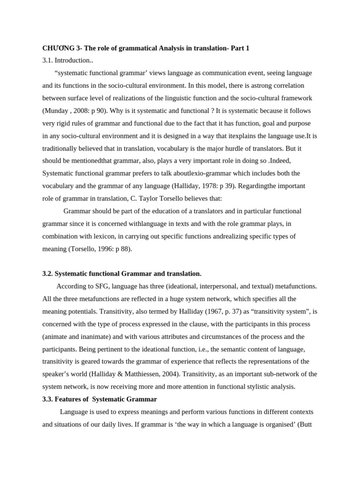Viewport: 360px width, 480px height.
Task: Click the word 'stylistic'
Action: [258, 387]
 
